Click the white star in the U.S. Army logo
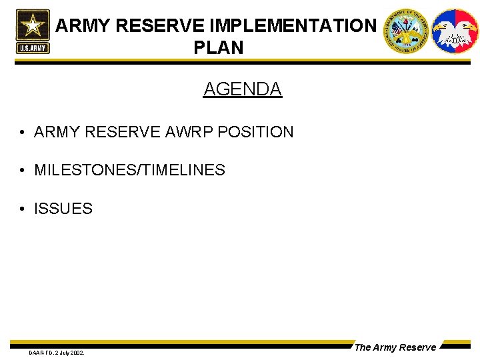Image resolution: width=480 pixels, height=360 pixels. (x=33, y=26)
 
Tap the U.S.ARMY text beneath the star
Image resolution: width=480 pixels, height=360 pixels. (x=33, y=48)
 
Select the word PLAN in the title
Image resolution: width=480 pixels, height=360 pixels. (x=219, y=48)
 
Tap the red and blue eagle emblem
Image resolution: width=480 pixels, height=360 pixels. (x=455, y=31)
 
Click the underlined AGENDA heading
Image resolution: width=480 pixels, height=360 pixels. (x=243, y=89)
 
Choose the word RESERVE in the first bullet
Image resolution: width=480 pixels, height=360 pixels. (x=118, y=132)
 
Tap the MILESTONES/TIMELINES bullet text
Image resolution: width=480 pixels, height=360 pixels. (x=129, y=170)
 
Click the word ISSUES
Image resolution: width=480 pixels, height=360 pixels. (x=63, y=209)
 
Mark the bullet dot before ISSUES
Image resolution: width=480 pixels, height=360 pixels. (x=23, y=209)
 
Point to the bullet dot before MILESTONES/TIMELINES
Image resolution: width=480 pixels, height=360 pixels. (x=23, y=171)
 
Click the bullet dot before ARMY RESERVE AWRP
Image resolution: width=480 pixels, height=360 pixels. (x=23, y=133)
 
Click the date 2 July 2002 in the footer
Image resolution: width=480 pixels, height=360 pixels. (x=69, y=352)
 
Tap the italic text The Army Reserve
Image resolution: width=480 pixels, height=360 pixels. (x=395, y=347)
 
